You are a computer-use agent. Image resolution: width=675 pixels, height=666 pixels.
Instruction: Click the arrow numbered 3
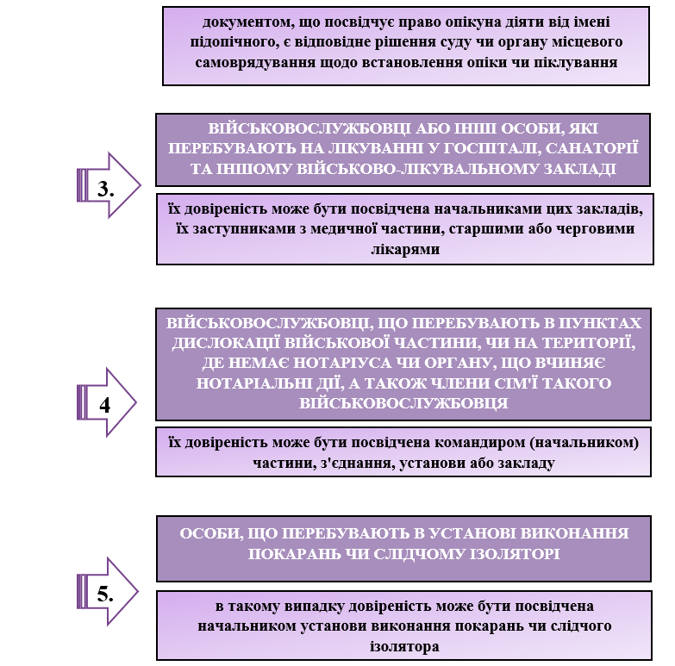[109, 186]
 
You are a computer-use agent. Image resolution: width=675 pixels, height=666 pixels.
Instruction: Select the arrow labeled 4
[106, 402]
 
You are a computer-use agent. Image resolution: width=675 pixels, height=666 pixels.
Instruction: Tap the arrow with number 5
[108, 592]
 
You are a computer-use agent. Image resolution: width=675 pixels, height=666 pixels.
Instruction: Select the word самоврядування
[255, 63]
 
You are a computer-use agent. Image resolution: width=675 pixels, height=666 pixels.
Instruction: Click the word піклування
[576, 63]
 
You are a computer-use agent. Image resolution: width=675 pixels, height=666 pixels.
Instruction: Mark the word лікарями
[405, 250]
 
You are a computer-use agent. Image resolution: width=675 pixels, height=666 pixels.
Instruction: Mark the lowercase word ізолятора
[404, 647]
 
